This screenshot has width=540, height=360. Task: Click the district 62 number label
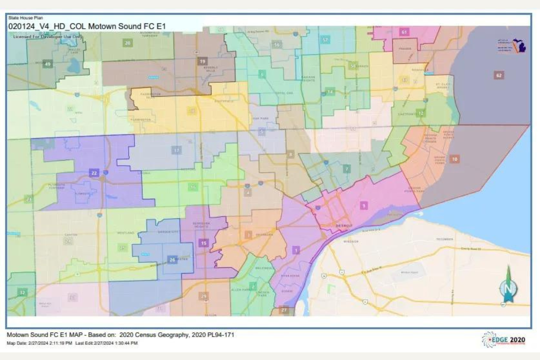click(498, 75)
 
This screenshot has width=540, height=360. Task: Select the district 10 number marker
click(454, 159)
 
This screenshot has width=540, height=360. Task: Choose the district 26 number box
click(171, 260)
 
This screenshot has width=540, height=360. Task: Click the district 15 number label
click(203, 243)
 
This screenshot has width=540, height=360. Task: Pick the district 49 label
click(47, 64)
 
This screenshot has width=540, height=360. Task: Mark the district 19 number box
click(203, 61)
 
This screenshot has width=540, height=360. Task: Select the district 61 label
click(404, 32)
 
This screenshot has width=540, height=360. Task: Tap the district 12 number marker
click(421, 112)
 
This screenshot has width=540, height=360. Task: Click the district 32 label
click(22, 292)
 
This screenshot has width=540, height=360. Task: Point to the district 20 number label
click(127, 43)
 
